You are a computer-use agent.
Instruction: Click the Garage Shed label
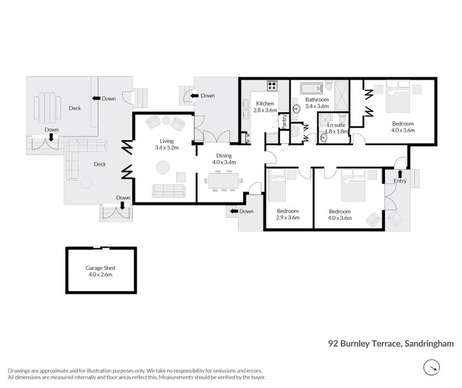[100, 267]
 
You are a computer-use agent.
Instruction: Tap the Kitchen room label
[264, 103]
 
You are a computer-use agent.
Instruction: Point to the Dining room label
[224, 155]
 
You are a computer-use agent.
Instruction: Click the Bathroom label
[318, 100]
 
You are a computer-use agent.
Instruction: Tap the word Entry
[400, 181]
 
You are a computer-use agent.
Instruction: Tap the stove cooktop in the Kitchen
[272, 85]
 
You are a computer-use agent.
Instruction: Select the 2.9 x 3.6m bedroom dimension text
[288, 219]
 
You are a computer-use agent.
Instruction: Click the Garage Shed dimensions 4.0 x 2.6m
[100, 274]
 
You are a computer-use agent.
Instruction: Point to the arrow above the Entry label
[400, 173]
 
